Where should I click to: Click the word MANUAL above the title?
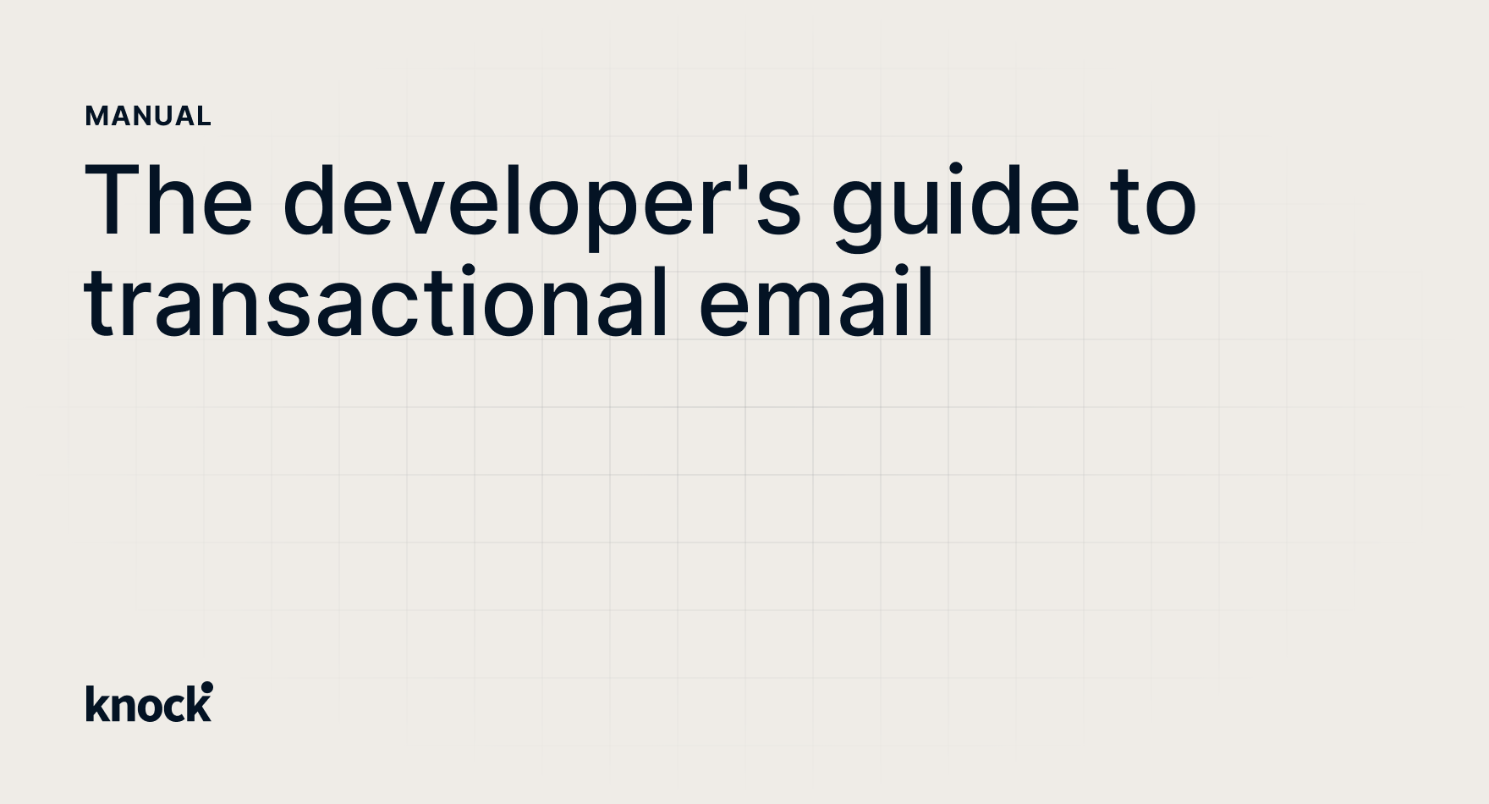[148, 116]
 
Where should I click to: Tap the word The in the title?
[168, 201]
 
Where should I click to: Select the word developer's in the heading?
[541, 203]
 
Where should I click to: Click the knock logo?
[149, 702]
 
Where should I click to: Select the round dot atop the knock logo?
[207, 687]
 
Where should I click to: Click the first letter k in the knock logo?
[96, 704]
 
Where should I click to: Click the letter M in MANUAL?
[96, 116]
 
